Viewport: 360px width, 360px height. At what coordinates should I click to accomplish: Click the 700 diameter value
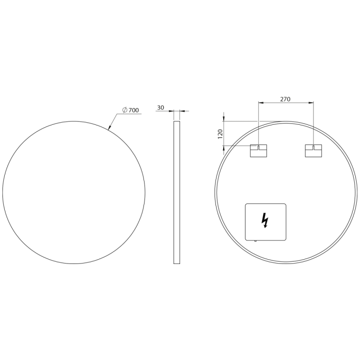(x=133, y=110)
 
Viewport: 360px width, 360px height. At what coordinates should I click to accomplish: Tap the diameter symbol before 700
(x=125, y=110)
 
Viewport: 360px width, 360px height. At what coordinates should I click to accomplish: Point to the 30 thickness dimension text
(x=161, y=108)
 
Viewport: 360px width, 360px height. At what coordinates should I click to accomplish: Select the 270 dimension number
(x=285, y=99)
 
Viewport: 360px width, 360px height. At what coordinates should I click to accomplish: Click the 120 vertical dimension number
(x=220, y=134)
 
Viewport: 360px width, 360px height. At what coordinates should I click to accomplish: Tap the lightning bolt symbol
(x=265, y=220)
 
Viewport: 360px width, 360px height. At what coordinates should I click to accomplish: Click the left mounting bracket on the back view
(x=258, y=151)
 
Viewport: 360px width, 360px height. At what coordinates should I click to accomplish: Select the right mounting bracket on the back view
(x=313, y=151)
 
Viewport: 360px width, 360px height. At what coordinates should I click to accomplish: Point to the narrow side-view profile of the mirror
(x=177, y=192)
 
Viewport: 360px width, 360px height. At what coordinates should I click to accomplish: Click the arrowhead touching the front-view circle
(x=109, y=127)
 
